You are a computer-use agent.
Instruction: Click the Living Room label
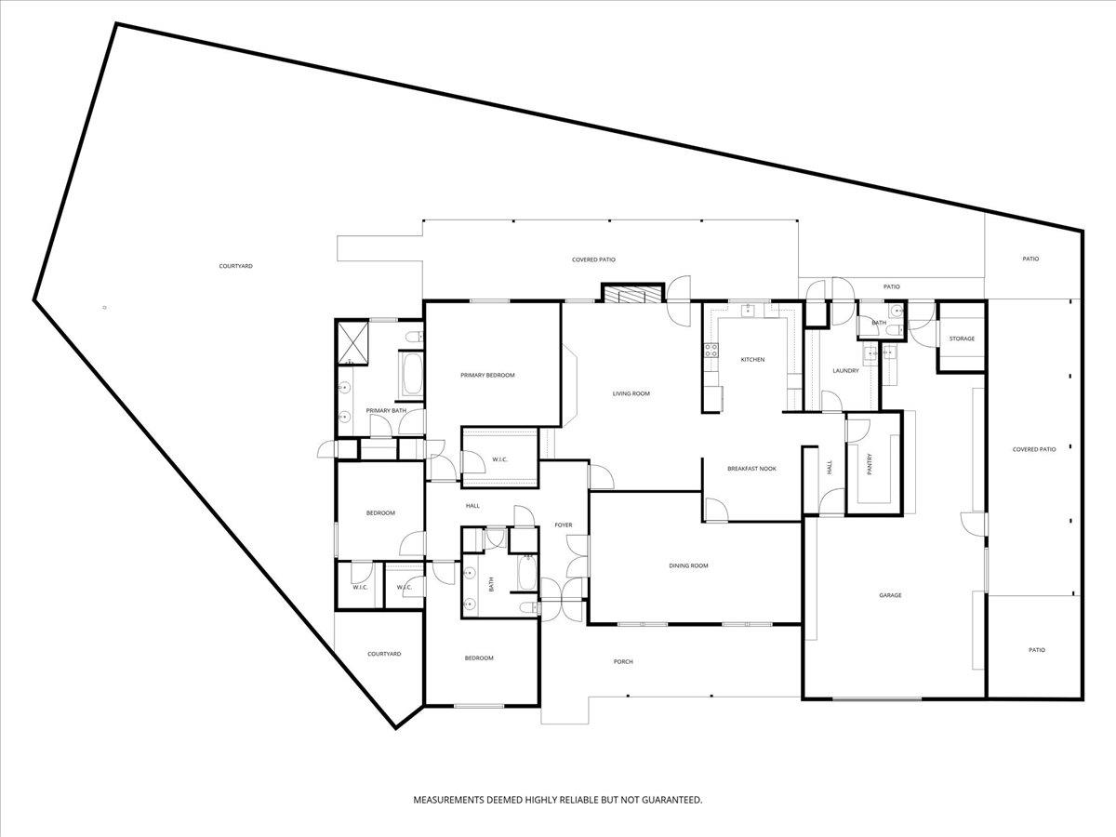pyautogui.click(x=631, y=393)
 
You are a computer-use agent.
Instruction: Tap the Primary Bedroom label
pyautogui.click(x=487, y=375)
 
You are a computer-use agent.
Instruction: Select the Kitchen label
pyautogui.click(x=752, y=359)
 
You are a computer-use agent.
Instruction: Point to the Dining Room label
pyautogui.click(x=688, y=565)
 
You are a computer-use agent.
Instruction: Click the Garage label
pyautogui.click(x=890, y=595)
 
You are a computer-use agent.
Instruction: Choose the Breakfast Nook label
pyautogui.click(x=751, y=469)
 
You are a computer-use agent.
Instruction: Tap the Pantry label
pyautogui.click(x=870, y=464)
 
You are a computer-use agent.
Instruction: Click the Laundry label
pyautogui.click(x=845, y=370)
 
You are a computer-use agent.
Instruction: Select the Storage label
pyautogui.click(x=962, y=339)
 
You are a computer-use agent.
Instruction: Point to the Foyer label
pyautogui.click(x=564, y=525)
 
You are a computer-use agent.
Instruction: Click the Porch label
pyautogui.click(x=623, y=661)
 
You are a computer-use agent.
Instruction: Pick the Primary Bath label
pyautogui.click(x=386, y=411)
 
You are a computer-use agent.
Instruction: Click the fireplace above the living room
pyautogui.click(x=633, y=294)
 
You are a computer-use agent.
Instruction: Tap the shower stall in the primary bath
pyautogui.click(x=351, y=343)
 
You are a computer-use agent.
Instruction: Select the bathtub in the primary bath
pyautogui.click(x=412, y=375)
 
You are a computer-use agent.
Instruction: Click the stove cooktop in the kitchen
pyautogui.click(x=711, y=350)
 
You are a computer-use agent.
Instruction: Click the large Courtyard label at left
pyautogui.click(x=236, y=266)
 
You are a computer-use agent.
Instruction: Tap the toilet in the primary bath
pyautogui.click(x=416, y=336)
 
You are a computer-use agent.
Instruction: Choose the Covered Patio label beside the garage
pyautogui.click(x=1034, y=449)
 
